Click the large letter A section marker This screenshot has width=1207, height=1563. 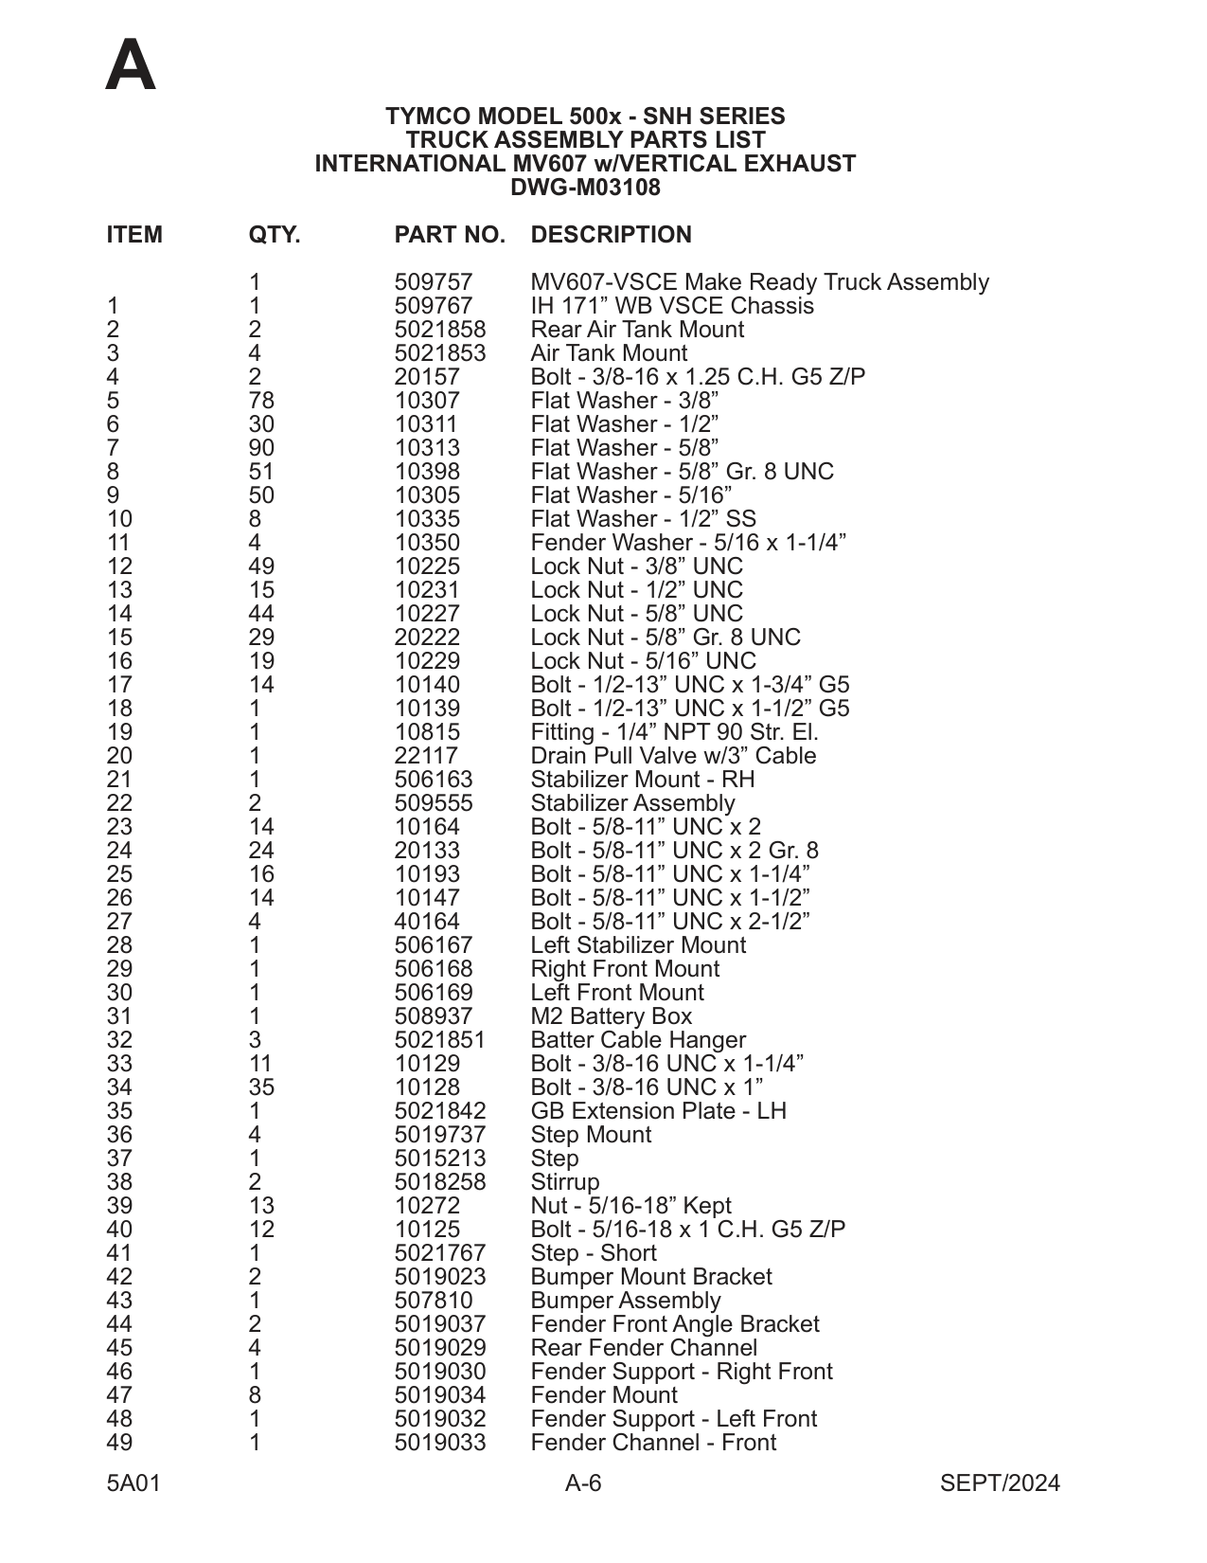point(131,66)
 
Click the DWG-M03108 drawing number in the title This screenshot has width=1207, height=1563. point(585,188)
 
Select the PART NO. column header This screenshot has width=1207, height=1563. point(450,235)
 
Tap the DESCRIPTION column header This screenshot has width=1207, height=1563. point(611,235)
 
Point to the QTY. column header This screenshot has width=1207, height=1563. point(274,235)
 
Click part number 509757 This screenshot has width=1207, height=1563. point(433,282)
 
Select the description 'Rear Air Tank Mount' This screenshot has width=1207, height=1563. point(637,330)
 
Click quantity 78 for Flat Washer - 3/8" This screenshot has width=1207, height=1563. point(260,401)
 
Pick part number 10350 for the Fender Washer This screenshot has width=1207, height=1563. point(426,543)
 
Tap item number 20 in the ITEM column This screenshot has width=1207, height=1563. point(119,756)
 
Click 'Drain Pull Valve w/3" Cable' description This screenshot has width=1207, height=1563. point(673,756)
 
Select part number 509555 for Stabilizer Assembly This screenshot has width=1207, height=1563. point(433,803)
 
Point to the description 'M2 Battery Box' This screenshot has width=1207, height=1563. point(611,1016)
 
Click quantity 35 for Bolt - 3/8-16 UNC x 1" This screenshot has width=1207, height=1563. point(260,1087)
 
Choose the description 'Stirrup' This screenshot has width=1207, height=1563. point(564,1182)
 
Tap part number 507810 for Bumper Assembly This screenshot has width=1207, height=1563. point(433,1301)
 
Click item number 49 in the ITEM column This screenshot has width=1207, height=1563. point(119,1443)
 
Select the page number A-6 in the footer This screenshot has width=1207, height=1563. point(583,1483)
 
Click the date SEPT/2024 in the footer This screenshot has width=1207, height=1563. point(1000,1483)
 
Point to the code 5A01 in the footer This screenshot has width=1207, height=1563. point(133,1483)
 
